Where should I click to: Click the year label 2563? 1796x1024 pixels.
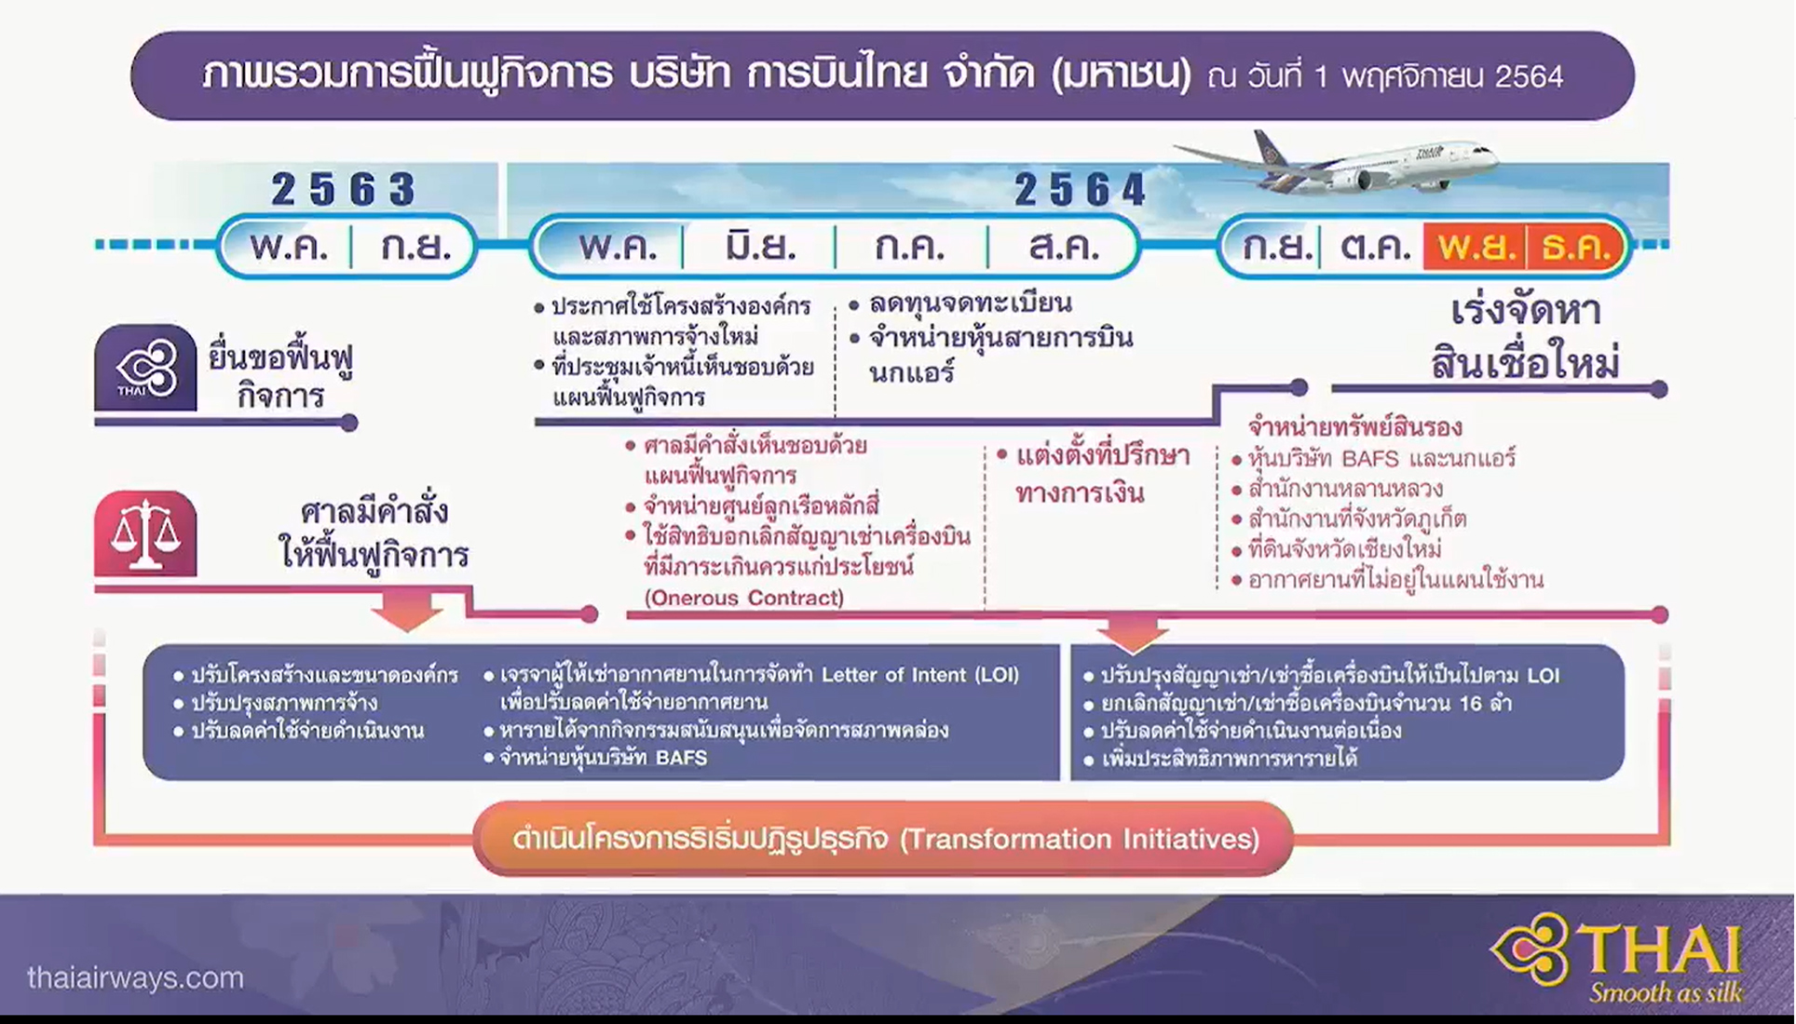343,189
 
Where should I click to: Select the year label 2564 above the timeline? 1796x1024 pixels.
1080,190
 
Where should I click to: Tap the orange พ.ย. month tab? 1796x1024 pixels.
1475,247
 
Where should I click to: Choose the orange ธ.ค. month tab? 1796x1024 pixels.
1576,247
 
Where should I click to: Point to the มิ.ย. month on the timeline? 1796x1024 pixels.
760,247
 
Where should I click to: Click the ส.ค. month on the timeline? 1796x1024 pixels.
1064,247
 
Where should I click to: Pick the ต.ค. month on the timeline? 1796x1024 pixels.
1374,247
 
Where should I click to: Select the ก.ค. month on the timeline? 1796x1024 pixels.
910,247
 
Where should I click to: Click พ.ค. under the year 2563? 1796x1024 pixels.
289,247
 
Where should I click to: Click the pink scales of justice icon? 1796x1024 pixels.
145,534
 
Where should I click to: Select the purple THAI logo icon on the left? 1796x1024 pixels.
145,368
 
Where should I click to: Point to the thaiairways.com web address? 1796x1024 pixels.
136,977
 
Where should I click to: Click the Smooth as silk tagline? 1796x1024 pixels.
1666,992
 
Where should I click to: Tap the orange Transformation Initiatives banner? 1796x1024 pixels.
883,839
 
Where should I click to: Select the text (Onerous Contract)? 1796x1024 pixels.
743,598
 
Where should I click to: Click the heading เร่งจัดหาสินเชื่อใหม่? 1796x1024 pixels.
1526,337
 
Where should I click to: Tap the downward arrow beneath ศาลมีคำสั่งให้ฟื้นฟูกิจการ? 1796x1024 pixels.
407,611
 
